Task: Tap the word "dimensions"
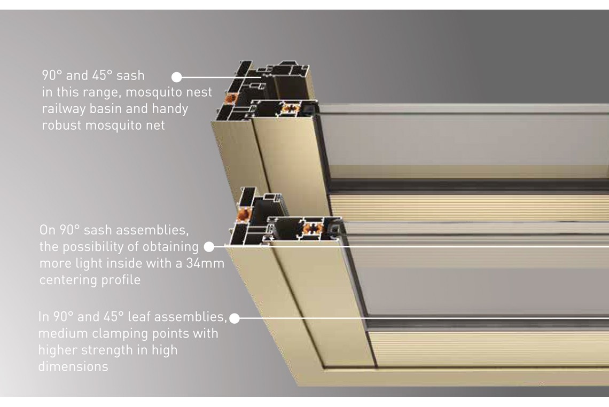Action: pos(73,366)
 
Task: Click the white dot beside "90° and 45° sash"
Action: pos(177,77)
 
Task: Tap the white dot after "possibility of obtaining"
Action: pos(209,247)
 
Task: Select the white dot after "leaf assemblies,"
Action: pos(234,318)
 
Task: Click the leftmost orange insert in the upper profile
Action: pos(230,98)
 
